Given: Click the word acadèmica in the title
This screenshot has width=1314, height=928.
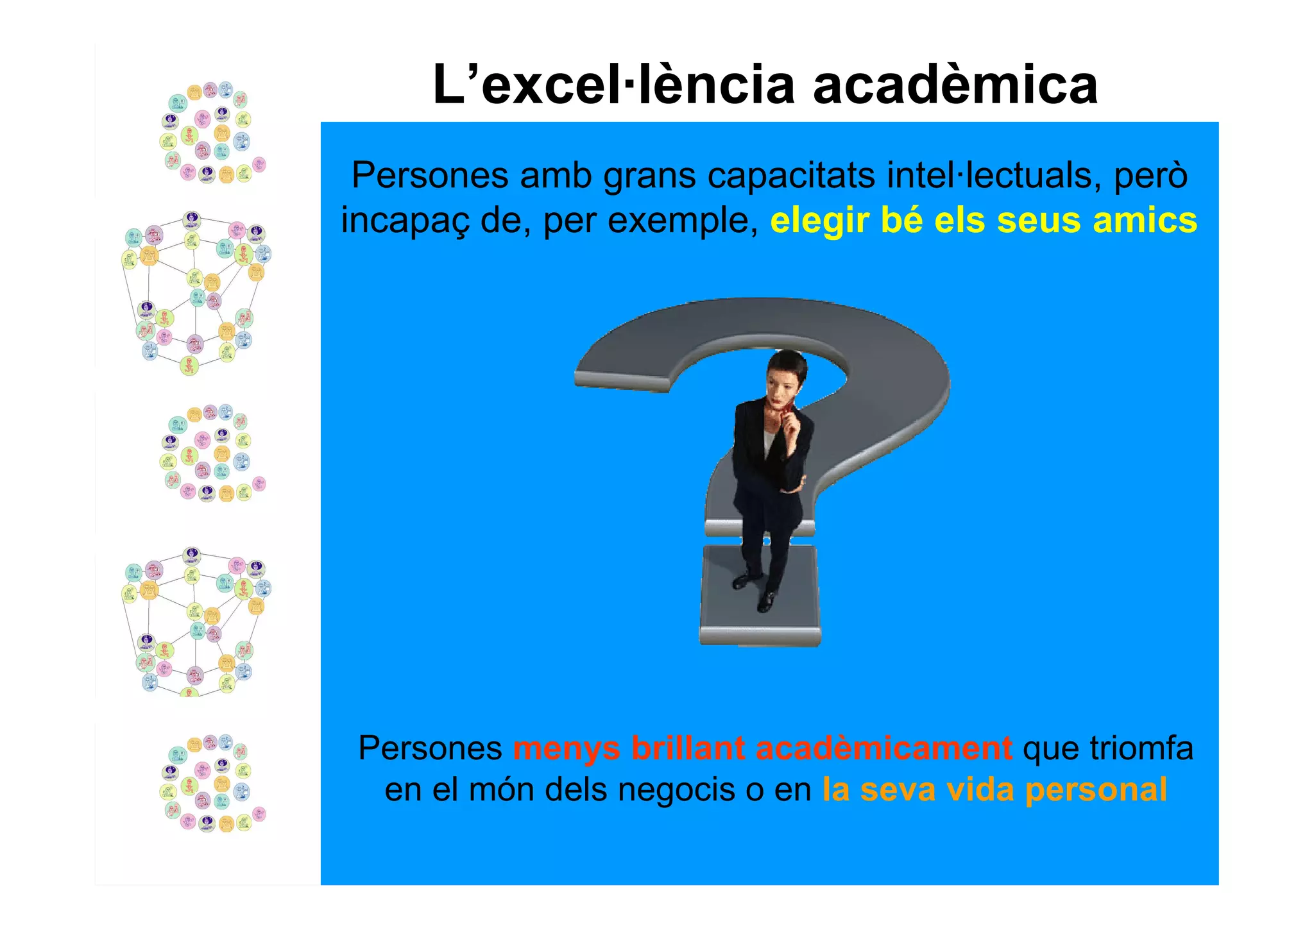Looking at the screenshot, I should point(955,85).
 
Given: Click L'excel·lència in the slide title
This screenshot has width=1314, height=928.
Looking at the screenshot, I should point(614,85).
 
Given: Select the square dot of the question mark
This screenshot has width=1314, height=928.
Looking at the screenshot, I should point(760,596).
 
